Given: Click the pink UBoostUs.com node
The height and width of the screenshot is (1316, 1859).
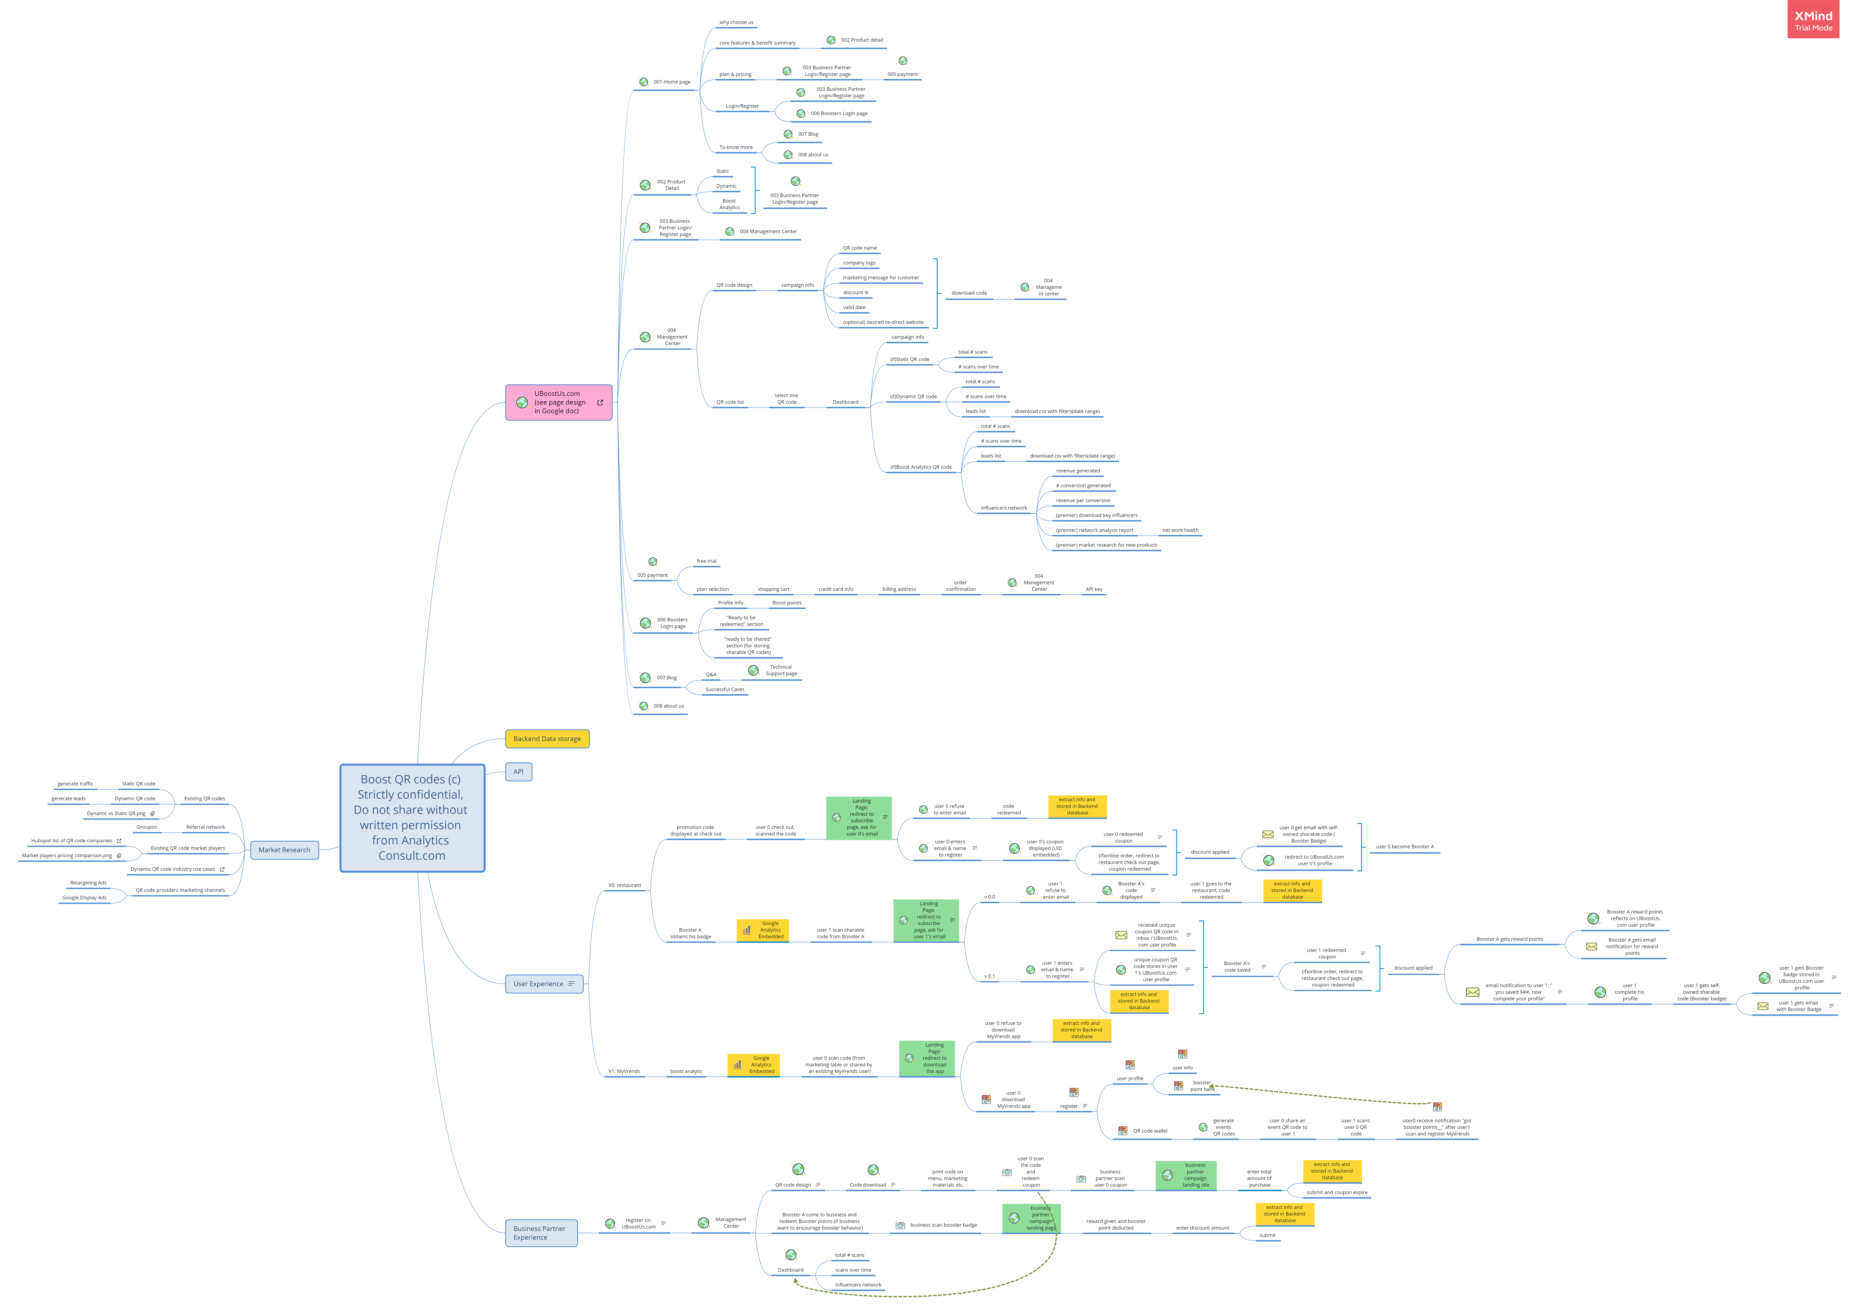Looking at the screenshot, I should click(558, 402).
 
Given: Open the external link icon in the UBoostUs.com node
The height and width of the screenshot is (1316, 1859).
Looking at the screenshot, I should click(600, 402).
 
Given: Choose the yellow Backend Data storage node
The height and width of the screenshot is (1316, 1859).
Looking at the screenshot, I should click(547, 739).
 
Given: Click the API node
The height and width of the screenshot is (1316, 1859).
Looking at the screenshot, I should click(518, 771).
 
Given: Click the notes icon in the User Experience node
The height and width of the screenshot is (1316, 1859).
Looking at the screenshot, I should click(571, 984).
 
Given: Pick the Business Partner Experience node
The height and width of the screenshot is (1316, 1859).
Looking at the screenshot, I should click(540, 1232).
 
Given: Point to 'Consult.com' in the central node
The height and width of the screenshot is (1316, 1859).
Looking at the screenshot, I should click(411, 856).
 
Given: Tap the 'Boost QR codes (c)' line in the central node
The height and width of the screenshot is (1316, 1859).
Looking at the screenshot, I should click(411, 779).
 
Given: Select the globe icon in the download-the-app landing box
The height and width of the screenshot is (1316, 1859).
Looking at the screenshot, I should click(909, 1058).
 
